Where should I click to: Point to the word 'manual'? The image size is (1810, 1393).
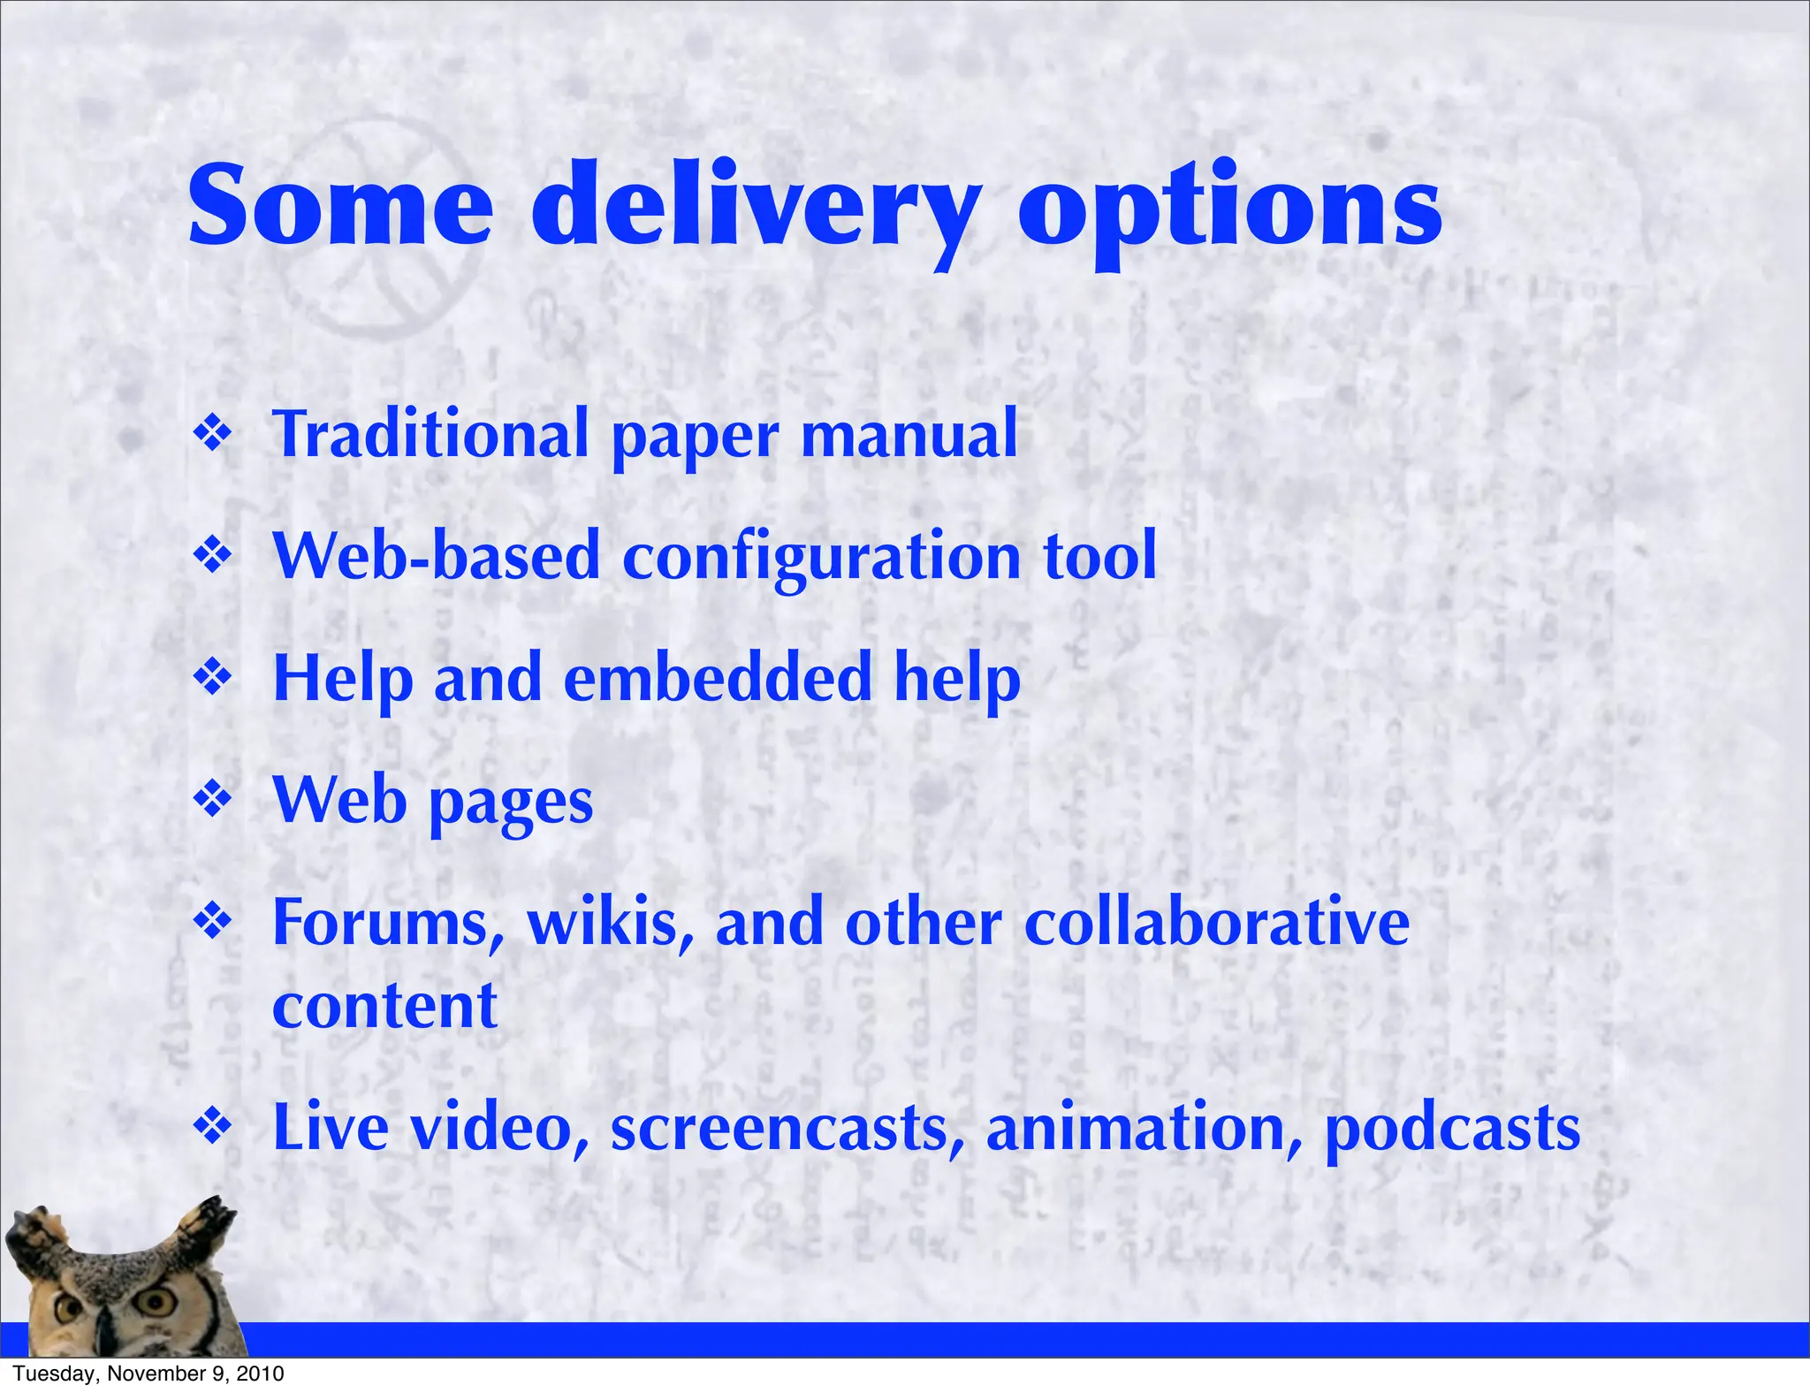pyautogui.click(x=909, y=434)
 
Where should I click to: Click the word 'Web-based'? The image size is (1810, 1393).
pyautogui.click(x=437, y=556)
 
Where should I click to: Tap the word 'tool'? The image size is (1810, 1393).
pyautogui.click(x=1099, y=556)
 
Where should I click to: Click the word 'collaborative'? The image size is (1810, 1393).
pyautogui.click(x=1216, y=923)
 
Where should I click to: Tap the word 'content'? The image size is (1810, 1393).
pyautogui.click(x=384, y=1006)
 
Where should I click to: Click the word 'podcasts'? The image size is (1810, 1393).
pyautogui.click(x=1452, y=1129)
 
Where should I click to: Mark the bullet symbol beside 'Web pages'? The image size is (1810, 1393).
pyautogui.click(x=212, y=799)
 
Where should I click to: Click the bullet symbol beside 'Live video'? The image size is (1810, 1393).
pyautogui.click(x=212, y=1126)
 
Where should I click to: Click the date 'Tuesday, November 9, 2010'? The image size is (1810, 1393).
pyautogui.click(x=148, y=1374)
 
